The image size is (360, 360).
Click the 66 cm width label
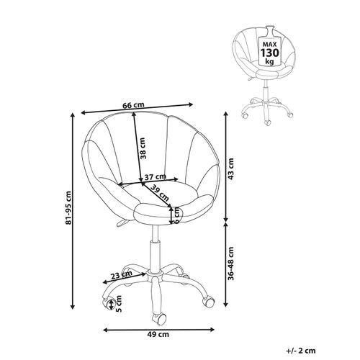pos(133,105)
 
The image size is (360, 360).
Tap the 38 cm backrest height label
pos(143,148)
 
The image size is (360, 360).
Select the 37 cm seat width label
pos(156,177)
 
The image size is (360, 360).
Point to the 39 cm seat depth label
pos(160,194)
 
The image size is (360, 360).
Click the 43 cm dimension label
pos(230,169)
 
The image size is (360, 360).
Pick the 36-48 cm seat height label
pos(231,264)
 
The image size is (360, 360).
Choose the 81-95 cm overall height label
pos(68,208)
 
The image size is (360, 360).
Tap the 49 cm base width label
pos(158,334)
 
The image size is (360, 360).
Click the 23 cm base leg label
pos(122,275)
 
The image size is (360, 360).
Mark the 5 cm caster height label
pos(119,304)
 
